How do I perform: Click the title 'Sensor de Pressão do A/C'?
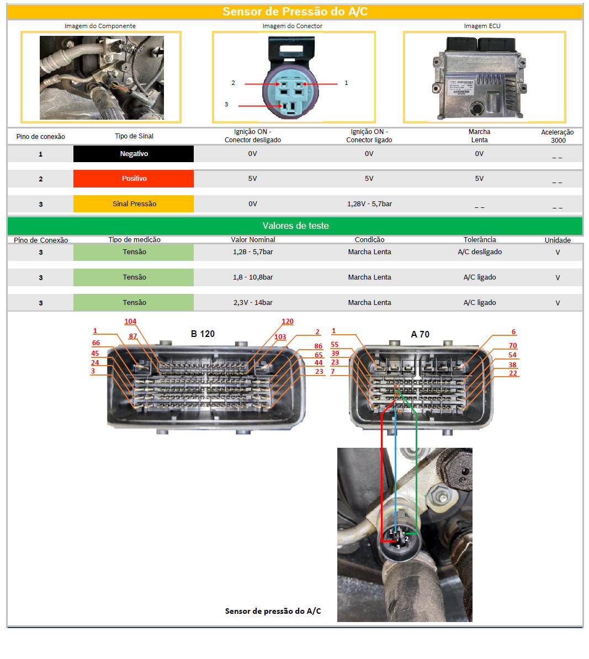coord(295,12)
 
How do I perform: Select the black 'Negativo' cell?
coord(134,154)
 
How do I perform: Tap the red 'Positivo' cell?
coord(134,179)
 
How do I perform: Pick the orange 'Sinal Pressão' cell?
coord(134,204)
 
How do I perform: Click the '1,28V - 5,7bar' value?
coord(369,204)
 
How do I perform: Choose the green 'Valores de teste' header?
coord(295,226)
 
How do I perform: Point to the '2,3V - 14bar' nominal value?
coord(253,303)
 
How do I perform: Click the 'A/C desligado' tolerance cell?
coord(480,252)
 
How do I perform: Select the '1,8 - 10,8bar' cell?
coord(253,277)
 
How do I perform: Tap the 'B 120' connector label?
coord(203,334)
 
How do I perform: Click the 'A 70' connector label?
coord(420,335)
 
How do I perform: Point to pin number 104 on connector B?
coord(130,322)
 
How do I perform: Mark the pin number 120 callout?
coord(288,322)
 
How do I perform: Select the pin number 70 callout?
coord(512,345)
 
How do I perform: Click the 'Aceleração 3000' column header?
coord(558,136)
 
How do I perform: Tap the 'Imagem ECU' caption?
coord(482,26)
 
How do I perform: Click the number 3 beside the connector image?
coord(226,104)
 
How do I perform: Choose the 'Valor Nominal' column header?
coord(253,239)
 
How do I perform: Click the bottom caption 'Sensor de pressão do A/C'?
coord(273,611)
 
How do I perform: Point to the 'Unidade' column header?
coord(558,240)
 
